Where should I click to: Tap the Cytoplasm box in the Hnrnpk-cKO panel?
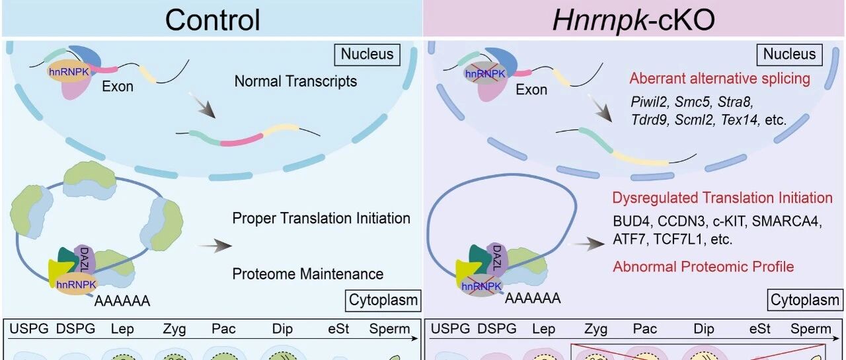point(804,301)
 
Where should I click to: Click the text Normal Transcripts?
point(295,82)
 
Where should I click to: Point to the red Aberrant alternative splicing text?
point(720,79)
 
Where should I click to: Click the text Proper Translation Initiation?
point(321,218)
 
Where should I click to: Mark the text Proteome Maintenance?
point(307,273)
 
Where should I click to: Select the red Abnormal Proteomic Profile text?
point(703,267)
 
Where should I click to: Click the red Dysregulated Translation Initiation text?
point(722,198)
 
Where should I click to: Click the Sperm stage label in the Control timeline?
point(389,329)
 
